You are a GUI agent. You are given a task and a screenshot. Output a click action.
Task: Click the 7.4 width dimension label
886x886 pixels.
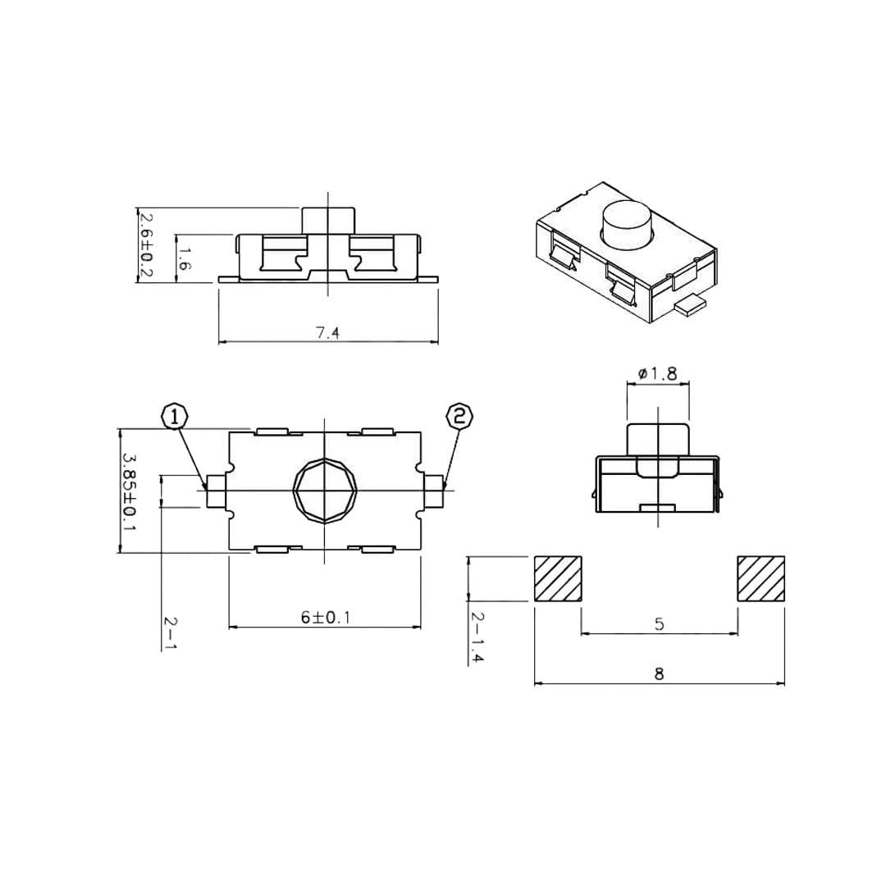point(327,333)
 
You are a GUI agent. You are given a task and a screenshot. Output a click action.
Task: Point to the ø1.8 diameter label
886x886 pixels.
point(657,373)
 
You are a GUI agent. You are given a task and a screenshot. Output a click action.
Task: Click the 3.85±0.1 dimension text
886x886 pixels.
point(130,491)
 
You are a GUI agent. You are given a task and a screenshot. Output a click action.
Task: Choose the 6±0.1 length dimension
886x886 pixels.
point(326,617)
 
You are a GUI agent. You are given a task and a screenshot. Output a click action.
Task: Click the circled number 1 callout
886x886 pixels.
point(176,417)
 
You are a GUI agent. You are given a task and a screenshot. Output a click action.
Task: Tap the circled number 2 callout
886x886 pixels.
point(459,417)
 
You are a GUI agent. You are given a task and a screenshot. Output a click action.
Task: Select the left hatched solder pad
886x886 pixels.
point(558,578)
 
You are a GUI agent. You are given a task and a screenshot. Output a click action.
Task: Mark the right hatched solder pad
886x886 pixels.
point(760,578)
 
